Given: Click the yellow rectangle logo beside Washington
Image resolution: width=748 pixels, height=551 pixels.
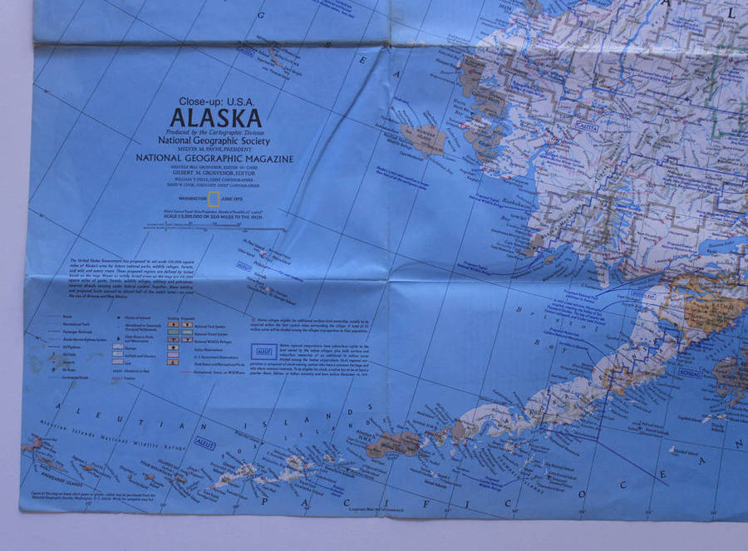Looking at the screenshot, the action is tap(214, 199).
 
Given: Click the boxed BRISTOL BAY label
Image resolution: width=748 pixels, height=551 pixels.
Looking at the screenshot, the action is tap(644, 293).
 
